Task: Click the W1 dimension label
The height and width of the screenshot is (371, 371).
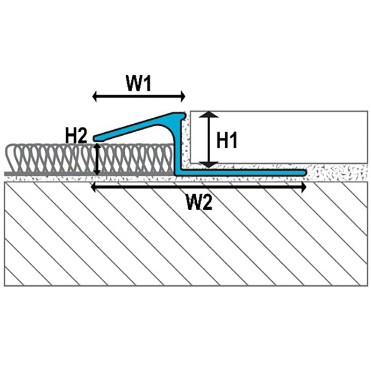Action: click(x=139, y=83)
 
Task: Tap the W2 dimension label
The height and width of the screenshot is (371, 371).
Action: click(x=199, y=202)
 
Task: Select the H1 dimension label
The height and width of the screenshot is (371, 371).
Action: click(x=227, y=140)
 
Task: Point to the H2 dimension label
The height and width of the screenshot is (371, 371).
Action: click(x=76, y=135)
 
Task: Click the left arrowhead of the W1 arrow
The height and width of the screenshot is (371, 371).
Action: click(x=95, y=97)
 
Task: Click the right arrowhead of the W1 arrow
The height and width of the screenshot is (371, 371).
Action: click(x=183, y=96)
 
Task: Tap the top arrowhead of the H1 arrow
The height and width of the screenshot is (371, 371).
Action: click(x=209, y=114)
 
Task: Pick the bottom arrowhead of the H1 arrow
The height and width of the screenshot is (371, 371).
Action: click(x=209, y=165)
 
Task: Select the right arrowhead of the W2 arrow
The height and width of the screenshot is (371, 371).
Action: click(x=304, y=188)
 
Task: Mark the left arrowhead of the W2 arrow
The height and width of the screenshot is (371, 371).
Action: click(x=94, y=188)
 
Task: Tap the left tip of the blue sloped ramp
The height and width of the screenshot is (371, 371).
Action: click(x=94, y=138)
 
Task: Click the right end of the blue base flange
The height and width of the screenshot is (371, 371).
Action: click(x=305, y=173)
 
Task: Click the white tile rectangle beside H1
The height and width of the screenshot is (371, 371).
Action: click(x=279, y=137)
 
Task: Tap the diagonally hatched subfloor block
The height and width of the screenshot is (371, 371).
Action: click(x=185, y=234)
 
